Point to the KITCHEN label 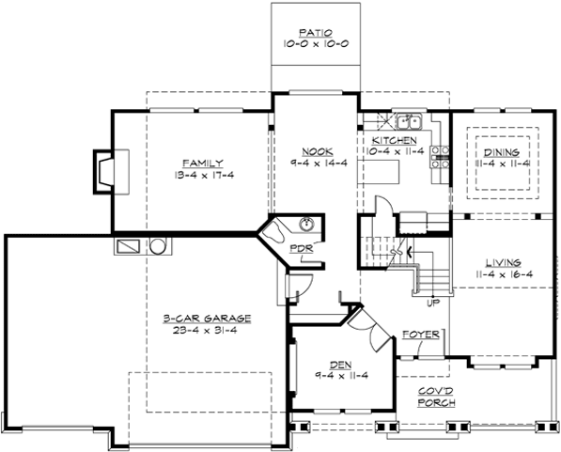point(388,140)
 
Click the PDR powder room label point(303,249)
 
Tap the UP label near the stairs point(433,303)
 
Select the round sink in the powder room point(307,225)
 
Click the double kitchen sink point(410,121)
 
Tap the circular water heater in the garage point(159,246)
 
